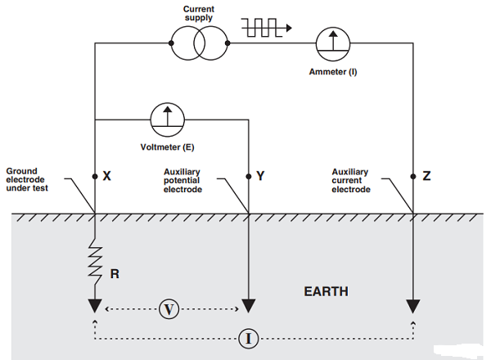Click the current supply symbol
(198, 41)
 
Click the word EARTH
(326, 291)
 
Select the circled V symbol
(169, 309)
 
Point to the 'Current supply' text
(199, 11)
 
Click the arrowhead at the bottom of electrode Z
(412, 306)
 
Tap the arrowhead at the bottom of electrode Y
(247, 306)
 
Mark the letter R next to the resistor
(115, 274)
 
